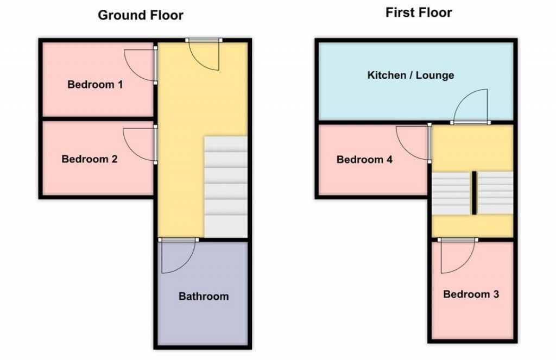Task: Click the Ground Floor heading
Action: tap(140, 15)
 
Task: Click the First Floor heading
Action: tap(419, 13)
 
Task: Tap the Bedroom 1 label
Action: tap(95, 85)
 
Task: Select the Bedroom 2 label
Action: tap(90, 160)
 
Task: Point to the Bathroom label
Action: tap(204, 296)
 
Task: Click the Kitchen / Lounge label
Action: tap(410, 75)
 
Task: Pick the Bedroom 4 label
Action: tap(364, 160)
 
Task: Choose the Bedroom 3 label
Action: tap(471, 295)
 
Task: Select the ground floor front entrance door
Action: tap(204, 55)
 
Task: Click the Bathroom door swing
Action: tap(178, 256)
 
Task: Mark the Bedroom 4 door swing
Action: tap(412, 142)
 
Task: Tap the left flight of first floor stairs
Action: tap(451, 193)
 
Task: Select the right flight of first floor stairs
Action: tap(495, 193)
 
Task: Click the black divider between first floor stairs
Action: tap(473, 193)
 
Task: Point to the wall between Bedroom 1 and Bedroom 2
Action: tap(97, 118)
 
